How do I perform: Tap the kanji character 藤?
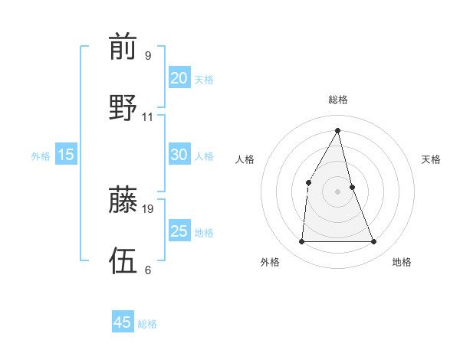tap(123, 199)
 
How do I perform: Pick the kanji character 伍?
tap(123, 259)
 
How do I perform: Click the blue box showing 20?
tap(179, 78)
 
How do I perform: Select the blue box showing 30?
tap(179, 155)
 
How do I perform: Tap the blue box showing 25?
tap(179, 231)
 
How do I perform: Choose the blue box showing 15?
tap(66, 155)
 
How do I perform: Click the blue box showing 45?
tap(123, 322)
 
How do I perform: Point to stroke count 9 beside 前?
tap(147, 55)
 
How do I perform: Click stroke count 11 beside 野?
tap(148, 117)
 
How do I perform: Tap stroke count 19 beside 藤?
tap(148, 208)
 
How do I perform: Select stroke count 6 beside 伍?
tap(147, 270)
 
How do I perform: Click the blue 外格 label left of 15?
tap(41, 155)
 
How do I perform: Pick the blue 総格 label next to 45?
tap(147, 323)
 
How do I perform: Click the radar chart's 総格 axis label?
tap(337, 100)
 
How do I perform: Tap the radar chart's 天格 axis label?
tap(431, 159)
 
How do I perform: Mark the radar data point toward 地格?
tap(374, 242)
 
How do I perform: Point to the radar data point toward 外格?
tap(301, 242)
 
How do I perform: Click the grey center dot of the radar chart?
tap(337, 191)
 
